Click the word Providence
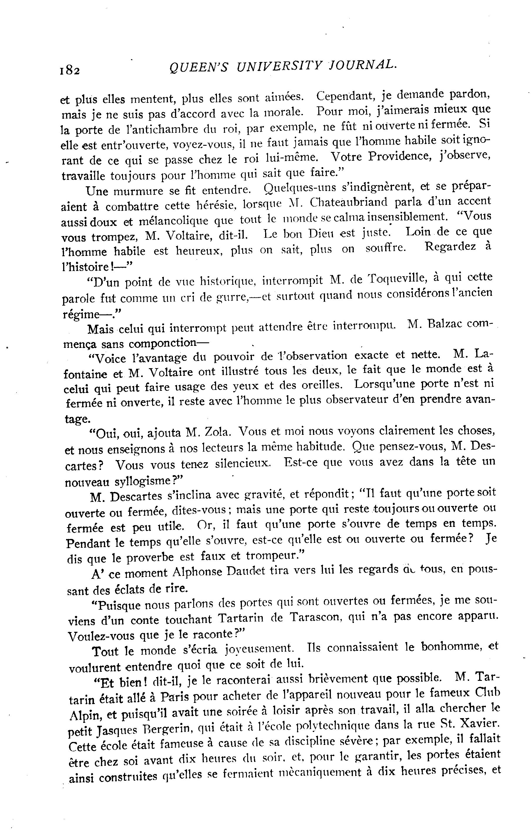click(x=396, y=157)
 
